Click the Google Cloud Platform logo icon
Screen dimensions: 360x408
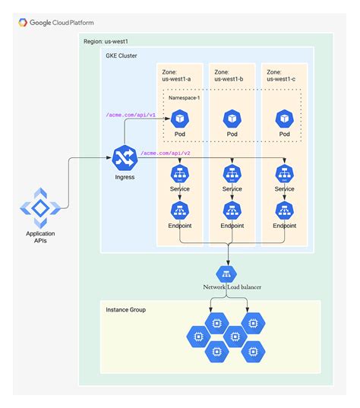(x=23, y=23)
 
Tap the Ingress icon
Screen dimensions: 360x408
(x=125, y=158)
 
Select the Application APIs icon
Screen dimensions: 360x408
(x=40, y=208)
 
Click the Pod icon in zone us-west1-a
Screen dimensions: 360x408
(x=180, y=119)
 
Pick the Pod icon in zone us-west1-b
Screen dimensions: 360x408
(x=232, y=119)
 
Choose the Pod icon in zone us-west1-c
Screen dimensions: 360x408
(x=285, y=119)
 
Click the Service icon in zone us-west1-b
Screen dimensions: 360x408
(x=232, y=174)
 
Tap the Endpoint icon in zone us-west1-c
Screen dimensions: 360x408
(x=285, y=210)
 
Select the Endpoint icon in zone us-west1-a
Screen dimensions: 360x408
(x=180, y=210)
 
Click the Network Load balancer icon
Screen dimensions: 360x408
(x=226, y=274)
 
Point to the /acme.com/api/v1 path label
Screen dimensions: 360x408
(x=131, y=115)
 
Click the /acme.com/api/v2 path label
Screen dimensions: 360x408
(x=166, y=153)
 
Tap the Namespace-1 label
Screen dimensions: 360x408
(x=184, y=98)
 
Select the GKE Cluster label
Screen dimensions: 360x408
(x=122, y=55)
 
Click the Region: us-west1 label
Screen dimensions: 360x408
(x=106, y=41)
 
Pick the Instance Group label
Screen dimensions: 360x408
(x=125, y=310)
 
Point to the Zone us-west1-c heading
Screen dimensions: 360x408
(x=281, y=75)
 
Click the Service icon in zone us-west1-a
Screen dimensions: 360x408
(x=180, y=174)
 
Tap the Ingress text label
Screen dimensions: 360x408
(x=125, y=177)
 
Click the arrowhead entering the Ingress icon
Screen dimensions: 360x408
(x=109, y=158)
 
